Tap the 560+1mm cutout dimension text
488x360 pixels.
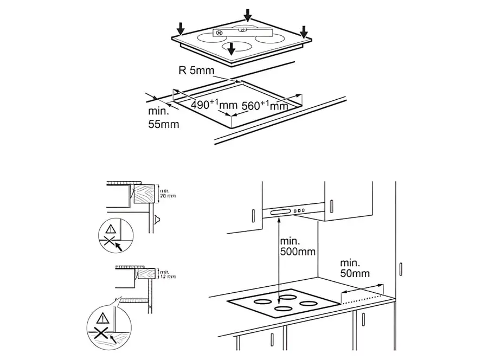tap(265, 106)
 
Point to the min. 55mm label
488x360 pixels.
tap(163, 118)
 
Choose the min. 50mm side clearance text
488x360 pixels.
tap(355, 269)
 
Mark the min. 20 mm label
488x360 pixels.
tap(166, 192)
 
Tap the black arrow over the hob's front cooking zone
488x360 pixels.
tap(232, 49)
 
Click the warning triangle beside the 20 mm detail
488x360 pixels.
tap(111, 228)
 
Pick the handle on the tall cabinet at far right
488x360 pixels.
tap(400, 268)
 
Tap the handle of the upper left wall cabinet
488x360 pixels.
tap(253, 216)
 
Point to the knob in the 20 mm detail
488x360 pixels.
tap(157, 220)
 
